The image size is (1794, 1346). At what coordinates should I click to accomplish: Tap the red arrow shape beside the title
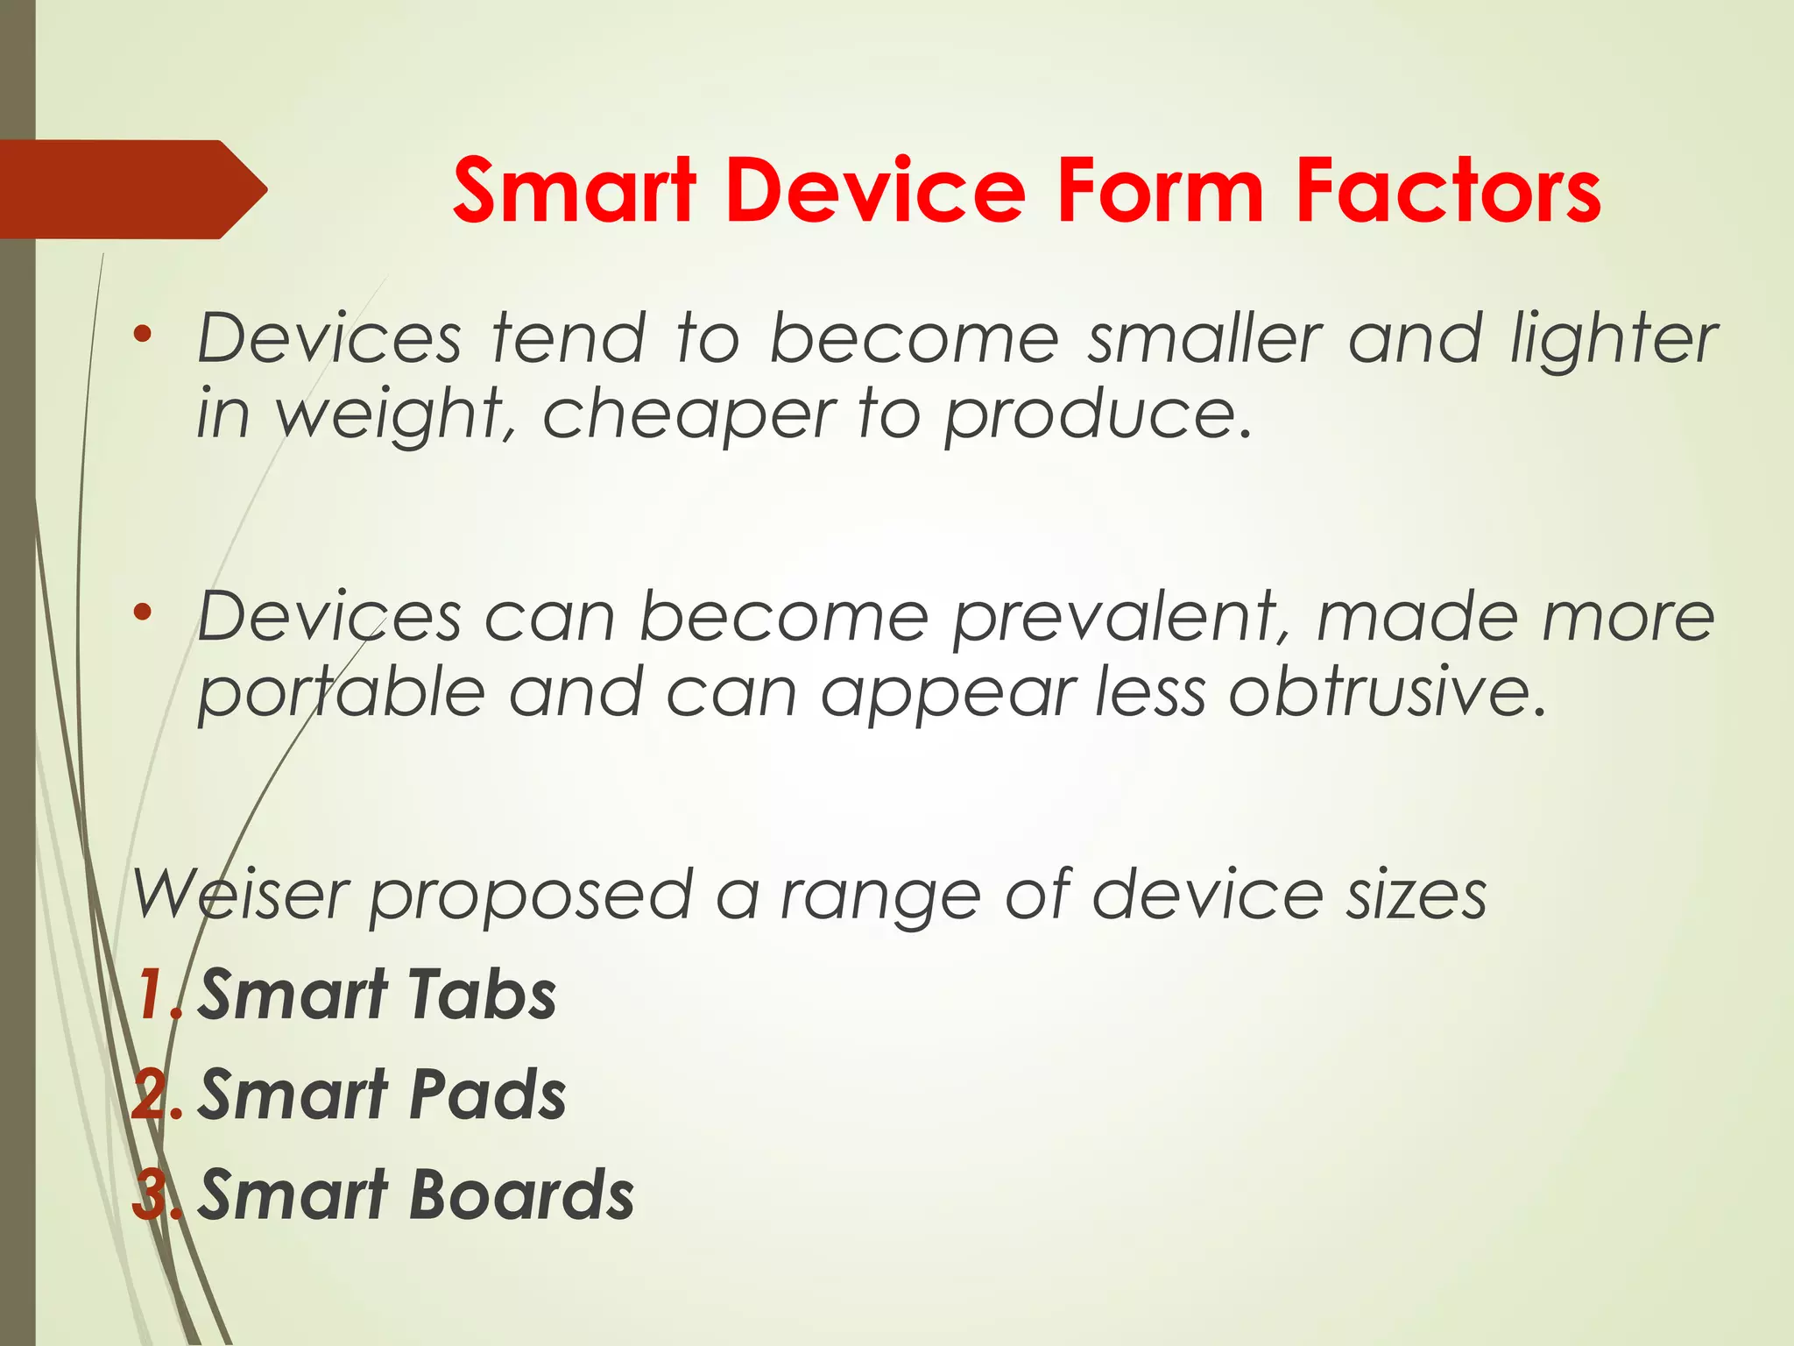pyautogui.click(x=131, y=189)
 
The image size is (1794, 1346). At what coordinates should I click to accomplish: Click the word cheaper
pyautogui.click(x=689, y=415)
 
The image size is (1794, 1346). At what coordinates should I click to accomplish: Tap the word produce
pyautogui.click(x=1096, y=415)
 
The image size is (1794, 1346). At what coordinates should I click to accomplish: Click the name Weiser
pyautogui.click(x=242, y=895)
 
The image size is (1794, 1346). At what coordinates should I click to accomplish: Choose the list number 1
pyautogui.click(x=152, y=995)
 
